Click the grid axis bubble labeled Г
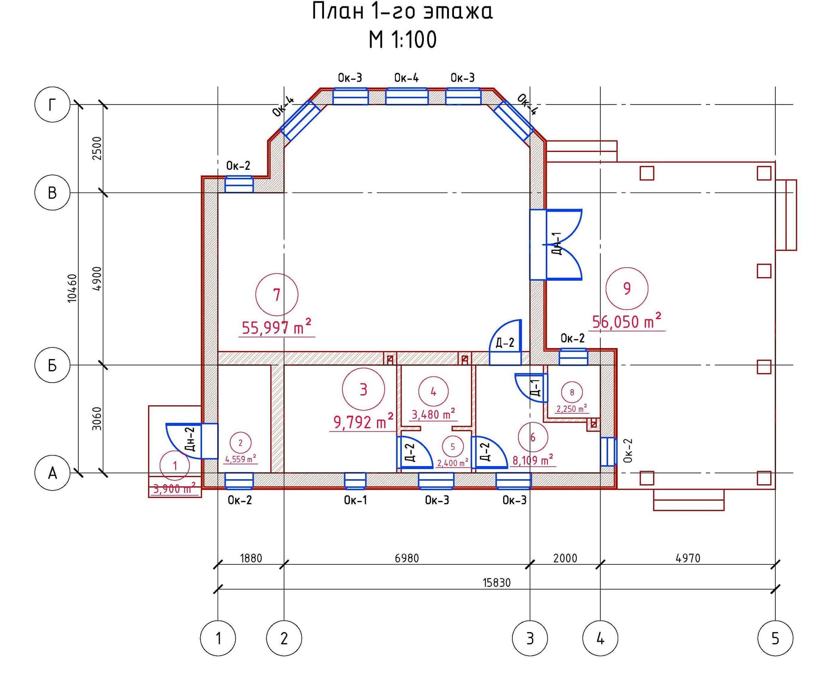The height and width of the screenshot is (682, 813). coord(52,105)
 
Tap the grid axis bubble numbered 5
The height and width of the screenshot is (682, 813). coord(775,638)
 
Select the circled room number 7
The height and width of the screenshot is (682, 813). coord(277,295)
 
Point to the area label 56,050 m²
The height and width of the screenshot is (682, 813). coord(627,321)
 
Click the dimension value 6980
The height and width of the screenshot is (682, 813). coord(406,558)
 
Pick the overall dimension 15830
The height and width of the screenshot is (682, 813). coord(497,583)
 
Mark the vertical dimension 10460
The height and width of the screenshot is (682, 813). coord(73,288)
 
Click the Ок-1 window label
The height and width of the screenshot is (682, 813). coord(355,500)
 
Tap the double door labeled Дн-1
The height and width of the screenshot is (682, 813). coord(556,245)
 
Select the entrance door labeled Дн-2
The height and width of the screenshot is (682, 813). coord(192,441)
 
